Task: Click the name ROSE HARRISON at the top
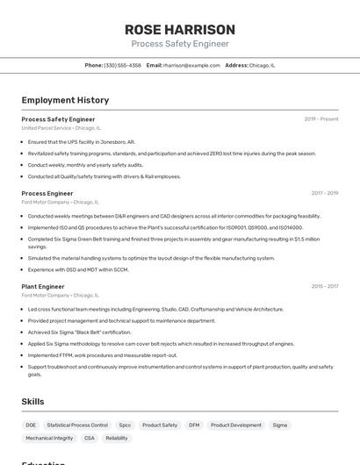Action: click(180, 29)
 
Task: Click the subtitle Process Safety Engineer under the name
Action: click(180, 44)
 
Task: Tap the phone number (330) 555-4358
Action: click(122, 65)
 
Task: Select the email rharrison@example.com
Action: click(191, 65)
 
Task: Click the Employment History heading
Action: click(65, 100)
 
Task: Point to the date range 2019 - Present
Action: click(320, 119)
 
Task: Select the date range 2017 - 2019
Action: click(324, 193)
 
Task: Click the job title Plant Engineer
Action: click(43, 286)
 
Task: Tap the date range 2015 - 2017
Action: click(324, 286)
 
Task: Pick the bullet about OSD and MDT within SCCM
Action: click(77, 269)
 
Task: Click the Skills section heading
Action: click(32, 401)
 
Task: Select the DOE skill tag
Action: click(31, 425)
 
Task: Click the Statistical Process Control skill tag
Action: click(77, 425)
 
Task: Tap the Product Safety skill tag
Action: click(160, 425)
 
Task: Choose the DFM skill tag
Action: click(194, 425)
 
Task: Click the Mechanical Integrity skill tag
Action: click(49, 438)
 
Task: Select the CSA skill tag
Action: click(90, 438)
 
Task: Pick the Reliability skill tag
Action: click(117, 438)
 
